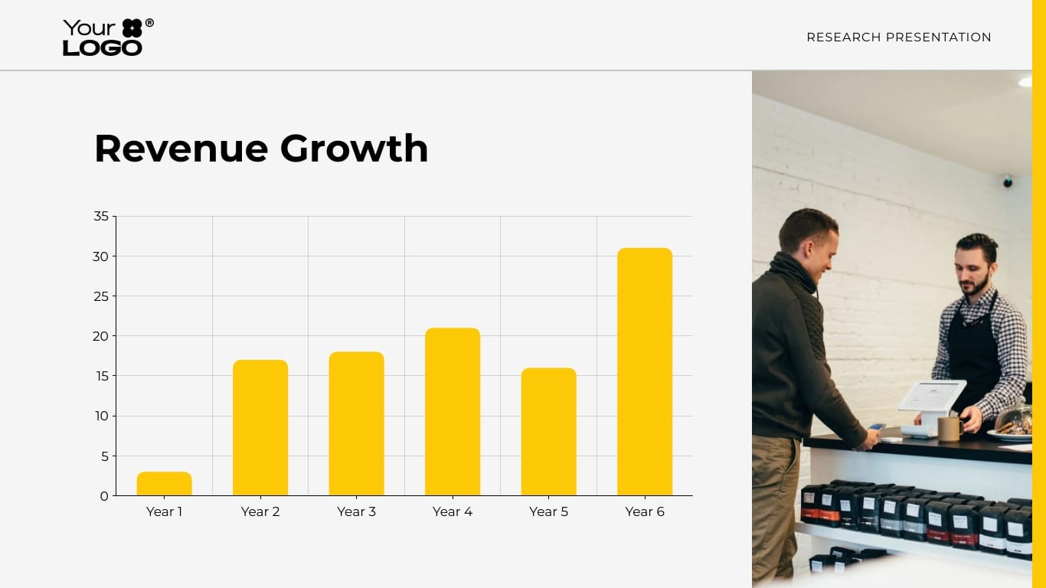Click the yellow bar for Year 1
click(x=164, y=484)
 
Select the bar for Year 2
click(x=260, y=428)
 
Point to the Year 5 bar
click(x=548, y=432)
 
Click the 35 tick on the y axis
click(x=101, y=217)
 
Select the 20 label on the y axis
click(x=101, y=336)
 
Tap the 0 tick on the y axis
click(x=104, y=496)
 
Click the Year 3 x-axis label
click(x=356, y=511)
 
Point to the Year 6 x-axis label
click(x=645, y=511)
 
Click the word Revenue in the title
click(x=181, y=149)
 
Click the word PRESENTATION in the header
click(x=938, y=38)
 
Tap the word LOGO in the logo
click(x=103, y=47)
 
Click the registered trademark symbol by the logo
click(x=149, y=23)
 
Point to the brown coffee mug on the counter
click(x=950, y=428)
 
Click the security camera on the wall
click(x=1008, y=181)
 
